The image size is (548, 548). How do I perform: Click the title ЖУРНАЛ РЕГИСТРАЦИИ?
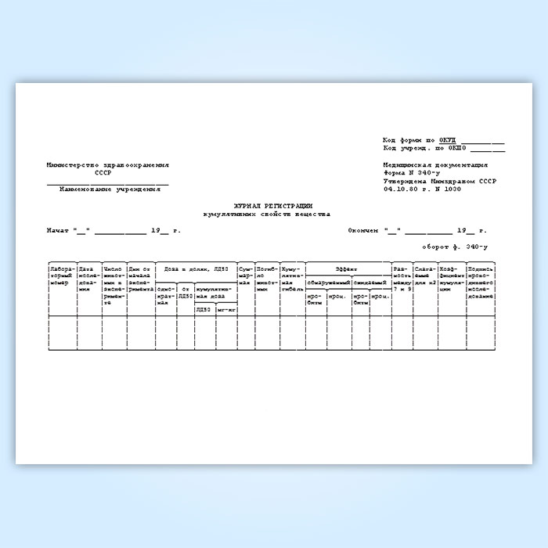coord(266,205)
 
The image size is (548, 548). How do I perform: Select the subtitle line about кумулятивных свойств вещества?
coord(266,213)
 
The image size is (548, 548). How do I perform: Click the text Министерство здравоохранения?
coord(107,165)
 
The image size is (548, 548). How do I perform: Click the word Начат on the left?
coord(58,231)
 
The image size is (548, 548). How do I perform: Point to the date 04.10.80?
coord(401,189)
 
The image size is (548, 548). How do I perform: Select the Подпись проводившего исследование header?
coord(479,283)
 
